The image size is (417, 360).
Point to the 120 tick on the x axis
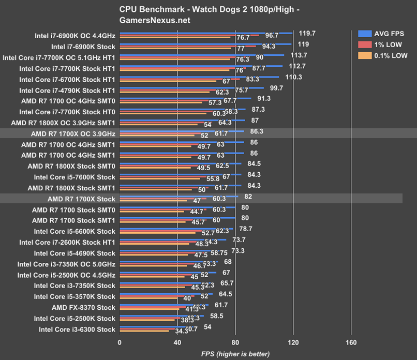293,342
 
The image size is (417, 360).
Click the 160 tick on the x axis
351,342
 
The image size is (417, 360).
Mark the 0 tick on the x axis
120,342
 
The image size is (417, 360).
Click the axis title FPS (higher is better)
235,354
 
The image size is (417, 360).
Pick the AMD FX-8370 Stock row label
83,307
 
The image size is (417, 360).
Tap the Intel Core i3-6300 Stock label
77,329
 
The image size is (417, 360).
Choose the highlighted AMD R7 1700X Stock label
81,199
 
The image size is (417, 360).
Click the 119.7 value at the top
307,33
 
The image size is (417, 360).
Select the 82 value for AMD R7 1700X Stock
248,197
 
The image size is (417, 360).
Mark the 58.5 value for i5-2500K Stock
217,316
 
